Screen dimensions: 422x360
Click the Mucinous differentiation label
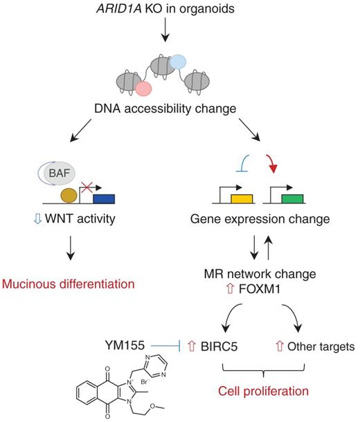coord(66,284)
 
